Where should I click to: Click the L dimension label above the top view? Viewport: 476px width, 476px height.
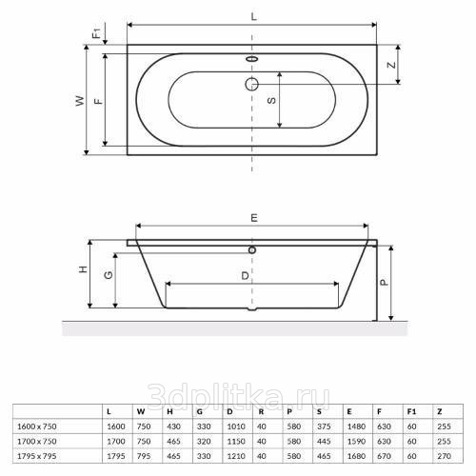point(253,16)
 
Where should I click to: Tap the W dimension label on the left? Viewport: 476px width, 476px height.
point(81,101)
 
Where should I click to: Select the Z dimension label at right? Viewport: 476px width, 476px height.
point(392,65)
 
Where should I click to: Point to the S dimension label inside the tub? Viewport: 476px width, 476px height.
point(271,100)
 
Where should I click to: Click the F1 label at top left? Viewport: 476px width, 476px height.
point(96,33)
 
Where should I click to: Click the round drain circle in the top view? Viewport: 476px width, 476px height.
point(252,84)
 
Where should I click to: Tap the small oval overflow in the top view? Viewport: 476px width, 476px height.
point(252,59)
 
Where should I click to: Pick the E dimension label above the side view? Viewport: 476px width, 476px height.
point(254,218)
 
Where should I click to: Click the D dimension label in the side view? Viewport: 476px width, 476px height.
point(245,276)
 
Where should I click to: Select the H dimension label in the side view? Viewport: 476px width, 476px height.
point(83,269)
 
